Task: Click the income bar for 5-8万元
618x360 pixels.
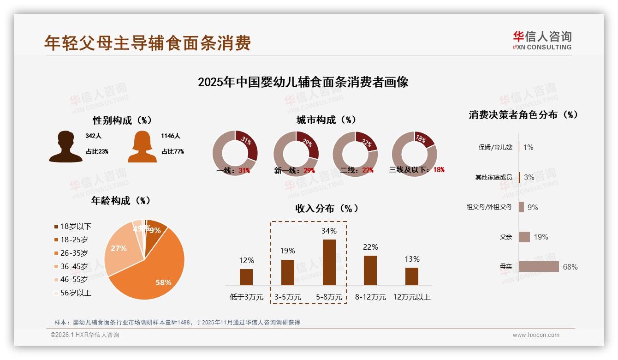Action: click(329, 262)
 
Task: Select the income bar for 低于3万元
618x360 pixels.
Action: click(246, 277)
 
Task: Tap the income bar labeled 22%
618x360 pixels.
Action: click(370, 270)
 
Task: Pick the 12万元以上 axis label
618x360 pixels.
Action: click(411, 297)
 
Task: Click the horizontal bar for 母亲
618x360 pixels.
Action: click(538, 267)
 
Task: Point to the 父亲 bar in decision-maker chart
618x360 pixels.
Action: click(524, 237)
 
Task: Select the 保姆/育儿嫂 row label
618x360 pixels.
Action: click(495, 148)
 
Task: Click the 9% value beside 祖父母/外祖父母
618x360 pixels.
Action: click(533, 207)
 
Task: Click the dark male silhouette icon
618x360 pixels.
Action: click(65, 147)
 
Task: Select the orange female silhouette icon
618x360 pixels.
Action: click(142, 147)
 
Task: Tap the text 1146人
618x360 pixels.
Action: click(171, 136)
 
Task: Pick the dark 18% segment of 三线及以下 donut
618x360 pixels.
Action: click(423, 139)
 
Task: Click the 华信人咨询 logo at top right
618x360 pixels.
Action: click(542, 40)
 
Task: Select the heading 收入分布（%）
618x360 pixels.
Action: click(327, 208)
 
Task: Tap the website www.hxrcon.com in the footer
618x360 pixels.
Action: click(536, 335)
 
